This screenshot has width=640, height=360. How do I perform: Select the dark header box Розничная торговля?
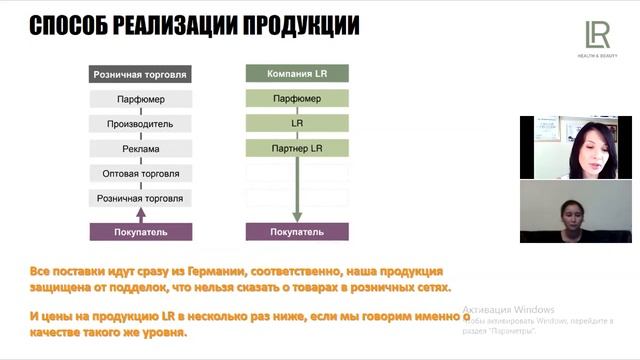point(139,74)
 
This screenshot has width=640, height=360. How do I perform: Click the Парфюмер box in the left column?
point(139,99)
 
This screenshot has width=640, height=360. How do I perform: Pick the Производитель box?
point(139,124)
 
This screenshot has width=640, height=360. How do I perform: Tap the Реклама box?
point(139,149)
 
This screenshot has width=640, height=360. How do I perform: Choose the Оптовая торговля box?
point(139,174)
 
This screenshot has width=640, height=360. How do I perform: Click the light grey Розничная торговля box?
point(139,199)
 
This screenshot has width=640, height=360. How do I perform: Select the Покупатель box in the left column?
point(139,232)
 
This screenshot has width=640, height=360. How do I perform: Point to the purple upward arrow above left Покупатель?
point(139,214)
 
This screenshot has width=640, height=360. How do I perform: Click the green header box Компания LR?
point(297,74)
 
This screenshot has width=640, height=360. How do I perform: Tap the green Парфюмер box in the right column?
point(297,99)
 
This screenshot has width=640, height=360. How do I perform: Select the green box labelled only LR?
point(297,124)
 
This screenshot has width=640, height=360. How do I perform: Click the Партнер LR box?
point(297,149)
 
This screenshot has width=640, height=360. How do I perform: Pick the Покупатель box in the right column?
point(297,232)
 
